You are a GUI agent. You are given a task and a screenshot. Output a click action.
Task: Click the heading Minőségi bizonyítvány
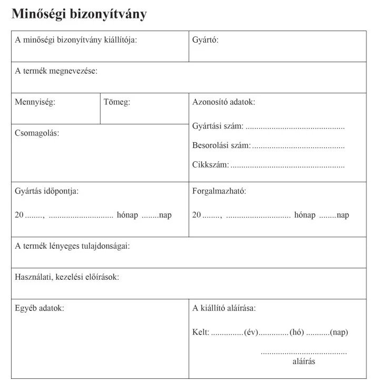(79, 14)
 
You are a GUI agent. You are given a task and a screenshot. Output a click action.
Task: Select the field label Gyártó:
(205, 40)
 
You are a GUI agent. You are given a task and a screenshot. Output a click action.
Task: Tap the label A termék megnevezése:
(56, 71)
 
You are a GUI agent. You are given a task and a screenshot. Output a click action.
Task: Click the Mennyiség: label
(35, 102)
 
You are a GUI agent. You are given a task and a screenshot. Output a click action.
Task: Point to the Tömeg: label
(117, 102)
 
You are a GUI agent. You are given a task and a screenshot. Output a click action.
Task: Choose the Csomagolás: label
(37, 133)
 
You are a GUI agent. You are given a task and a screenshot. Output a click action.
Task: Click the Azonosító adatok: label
(224, 102)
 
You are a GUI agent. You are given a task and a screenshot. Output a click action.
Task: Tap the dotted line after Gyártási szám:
(295, 127)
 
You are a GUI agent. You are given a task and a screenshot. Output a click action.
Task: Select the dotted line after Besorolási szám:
(298, 146)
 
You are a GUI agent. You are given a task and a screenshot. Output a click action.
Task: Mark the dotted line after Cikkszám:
(287, 165)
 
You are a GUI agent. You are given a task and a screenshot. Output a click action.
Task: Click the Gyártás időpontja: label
(47, 191)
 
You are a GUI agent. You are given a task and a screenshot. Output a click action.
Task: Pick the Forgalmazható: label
(219, 191)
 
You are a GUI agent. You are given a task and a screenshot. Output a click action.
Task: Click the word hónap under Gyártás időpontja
(127, 215)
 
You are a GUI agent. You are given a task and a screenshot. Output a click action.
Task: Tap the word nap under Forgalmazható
(343, 215)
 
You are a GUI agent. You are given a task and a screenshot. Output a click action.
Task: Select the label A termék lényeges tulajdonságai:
(72, 246)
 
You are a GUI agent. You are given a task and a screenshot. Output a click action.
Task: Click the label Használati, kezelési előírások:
(67, 277)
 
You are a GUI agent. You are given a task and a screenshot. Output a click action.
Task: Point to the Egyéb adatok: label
(39, 308)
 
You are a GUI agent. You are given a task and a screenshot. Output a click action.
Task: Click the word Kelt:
(201, 332)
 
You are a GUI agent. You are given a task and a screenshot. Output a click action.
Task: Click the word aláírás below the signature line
(304, 362)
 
